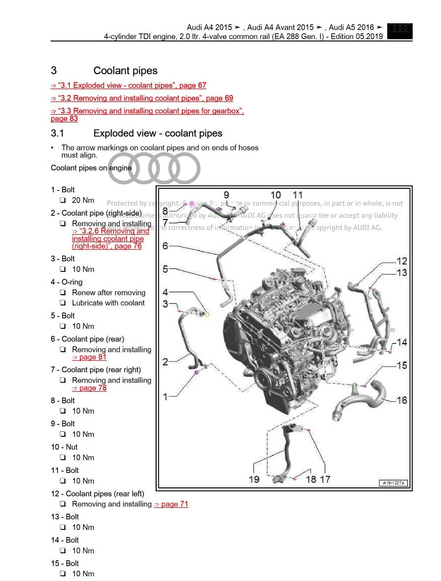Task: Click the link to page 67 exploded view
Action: [128, 85]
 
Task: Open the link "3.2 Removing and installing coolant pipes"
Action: [142, 98]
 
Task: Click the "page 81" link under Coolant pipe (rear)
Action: [89, 357]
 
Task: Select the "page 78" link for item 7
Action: [89, 388]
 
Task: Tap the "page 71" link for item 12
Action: [171, 504]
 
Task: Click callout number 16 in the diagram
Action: [402, 400]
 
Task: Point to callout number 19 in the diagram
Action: [254, 479]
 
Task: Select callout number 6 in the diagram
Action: [165, 246]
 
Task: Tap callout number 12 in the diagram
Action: [402, 261]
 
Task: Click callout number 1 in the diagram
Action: [165, 397]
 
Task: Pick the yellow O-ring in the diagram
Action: [207, 314]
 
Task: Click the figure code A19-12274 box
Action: [393, 483]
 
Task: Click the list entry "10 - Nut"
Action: [64, 447]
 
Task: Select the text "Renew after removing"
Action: [108, 293]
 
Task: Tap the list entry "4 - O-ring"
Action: [67, 282]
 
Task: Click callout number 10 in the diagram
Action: [276, 195]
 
